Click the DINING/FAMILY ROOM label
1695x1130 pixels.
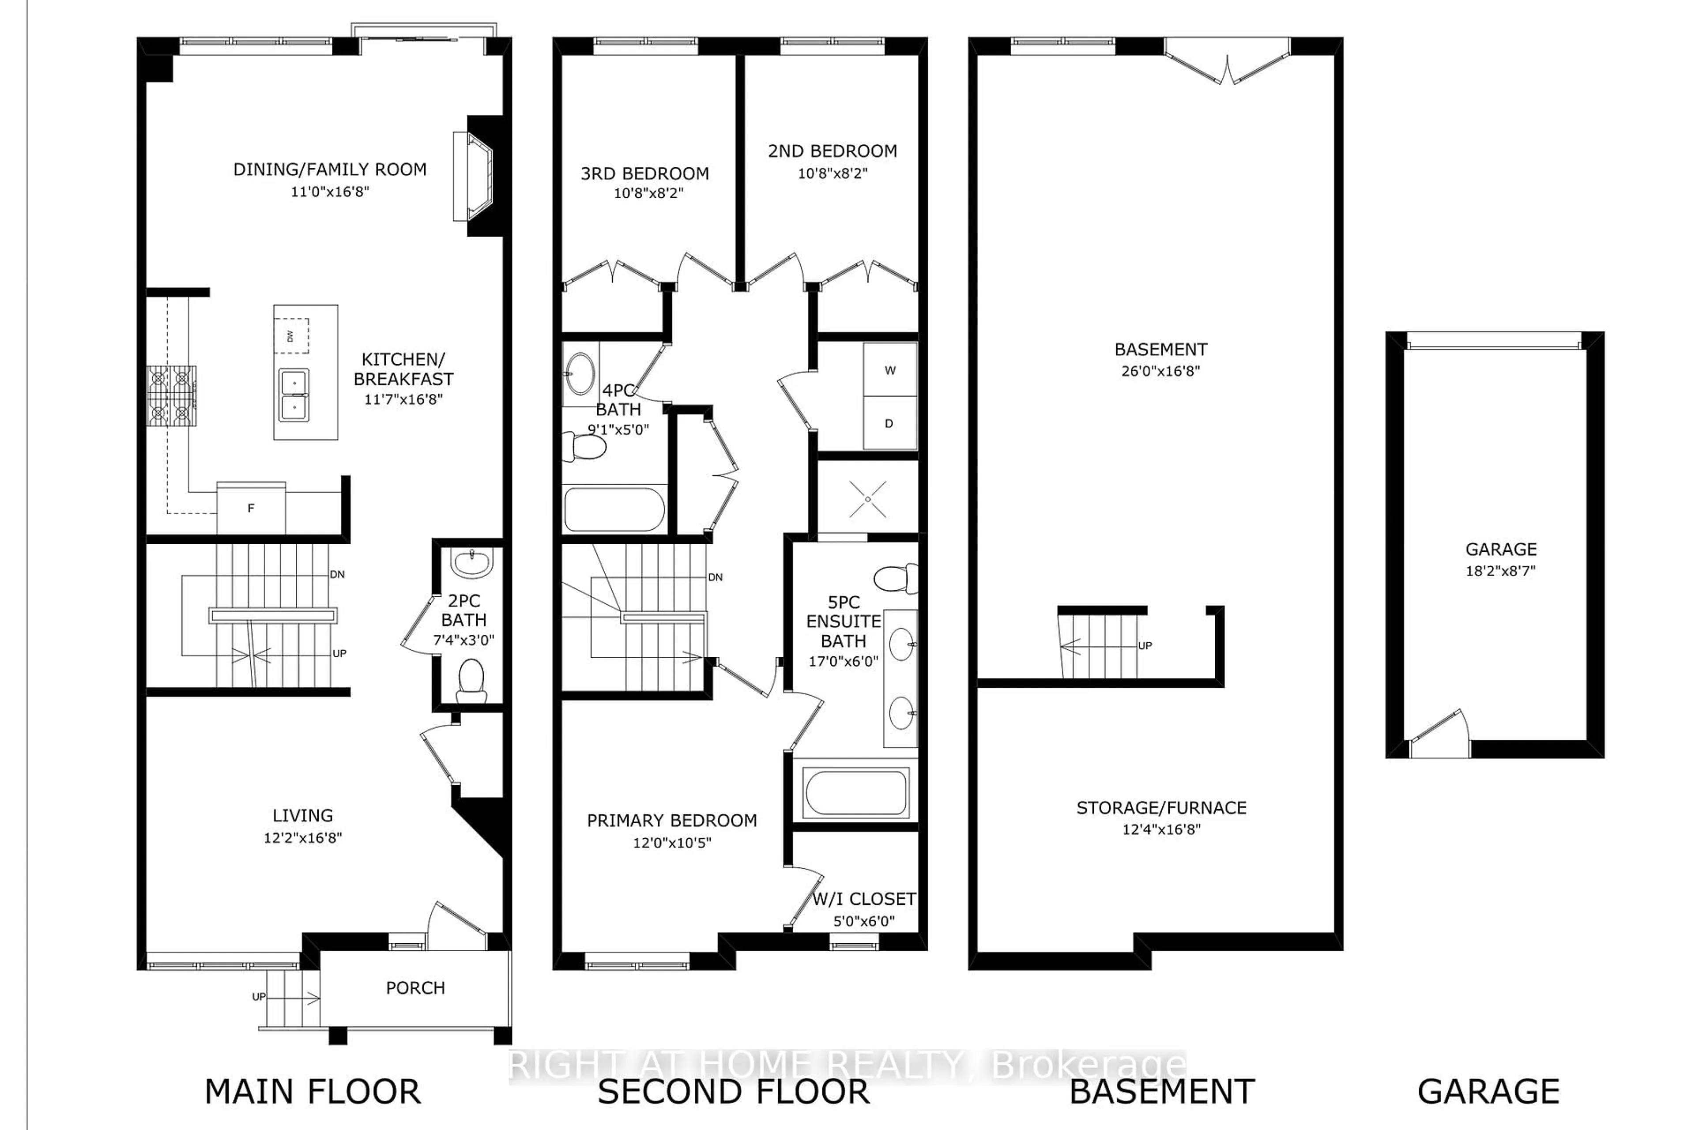(329, 169)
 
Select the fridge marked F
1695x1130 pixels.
(251, 508)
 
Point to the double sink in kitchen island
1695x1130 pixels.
(294, 395)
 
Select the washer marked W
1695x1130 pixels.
(890, 370)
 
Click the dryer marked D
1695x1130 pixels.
(889, 423)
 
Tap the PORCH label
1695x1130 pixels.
(415, 988)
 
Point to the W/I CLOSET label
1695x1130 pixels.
(863, 900)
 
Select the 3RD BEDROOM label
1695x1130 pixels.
(644, 173)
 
